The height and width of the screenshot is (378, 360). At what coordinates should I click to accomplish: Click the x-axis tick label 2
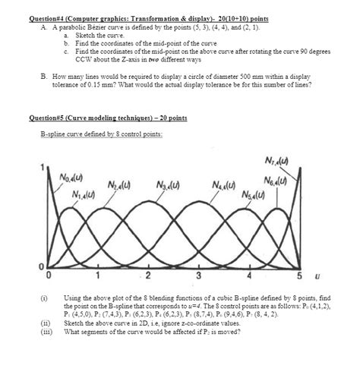click(x=148, y=274)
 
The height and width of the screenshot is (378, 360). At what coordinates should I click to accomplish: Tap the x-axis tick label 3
click(x=198, y=274)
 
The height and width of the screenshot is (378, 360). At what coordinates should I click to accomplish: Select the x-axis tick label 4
click(x=249, y=274)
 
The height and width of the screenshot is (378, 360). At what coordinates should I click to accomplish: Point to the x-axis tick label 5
click(x=299, y=274)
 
